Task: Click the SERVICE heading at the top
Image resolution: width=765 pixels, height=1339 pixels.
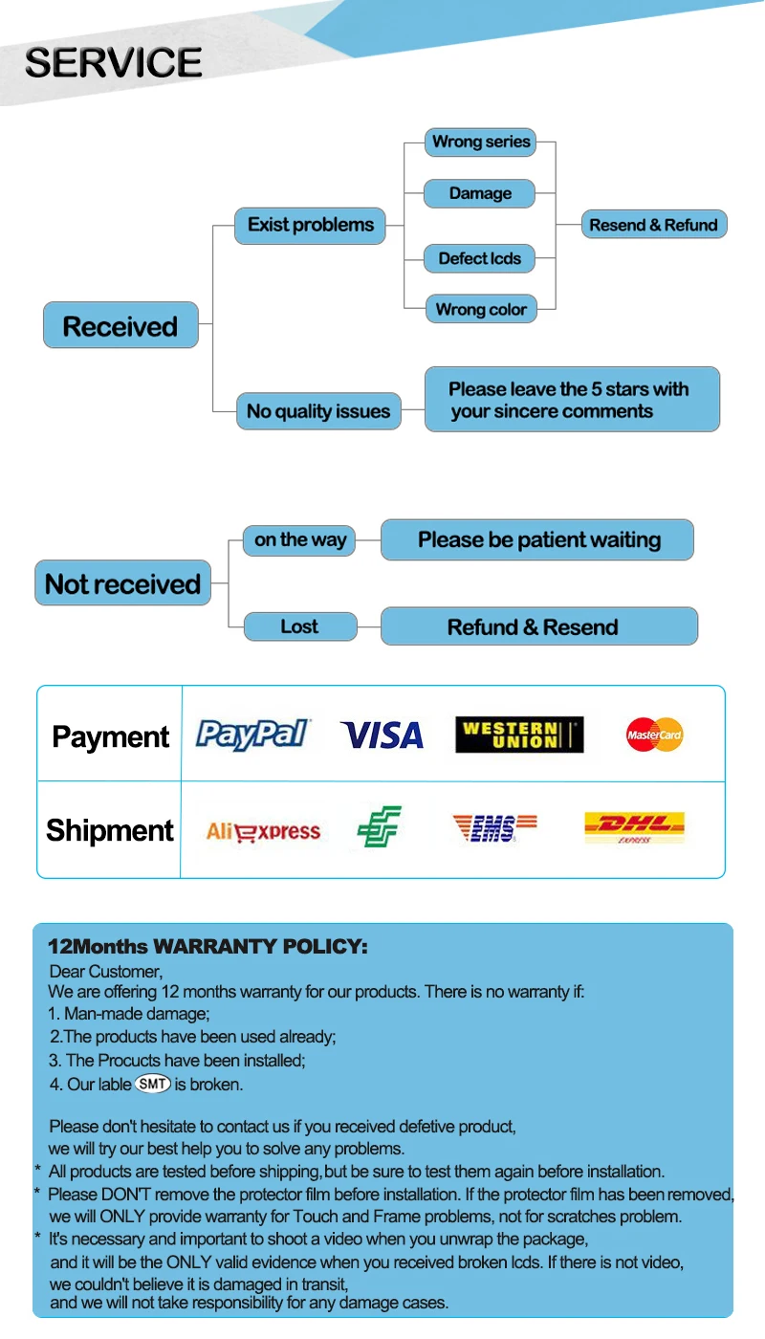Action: tap(114, 62)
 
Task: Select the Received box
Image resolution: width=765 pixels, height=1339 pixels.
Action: tap(120, 325)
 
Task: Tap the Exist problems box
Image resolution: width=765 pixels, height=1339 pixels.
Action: tap(310, 226)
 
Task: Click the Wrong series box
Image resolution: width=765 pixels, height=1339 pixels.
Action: tap(480, 143)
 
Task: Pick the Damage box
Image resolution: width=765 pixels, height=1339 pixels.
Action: tap(479, 193)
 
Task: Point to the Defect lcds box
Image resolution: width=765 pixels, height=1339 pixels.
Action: tap(479, 258)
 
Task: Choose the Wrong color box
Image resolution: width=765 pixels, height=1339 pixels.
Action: tap(481, 309)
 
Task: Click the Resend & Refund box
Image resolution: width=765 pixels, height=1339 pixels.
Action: tap(654, 225)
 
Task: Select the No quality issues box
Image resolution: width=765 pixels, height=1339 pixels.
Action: tap(318, 411)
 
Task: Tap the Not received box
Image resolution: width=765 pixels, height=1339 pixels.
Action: tap(123, 582)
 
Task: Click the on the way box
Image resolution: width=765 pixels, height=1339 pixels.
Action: tap(299, 540)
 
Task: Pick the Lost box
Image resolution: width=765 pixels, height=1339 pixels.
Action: tap(300, 626)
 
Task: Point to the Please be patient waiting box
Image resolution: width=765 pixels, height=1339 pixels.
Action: tap(537, 539)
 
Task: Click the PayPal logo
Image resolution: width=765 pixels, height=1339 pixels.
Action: tap(252, 735)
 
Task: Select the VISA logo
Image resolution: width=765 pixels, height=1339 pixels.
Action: tap(382, 735)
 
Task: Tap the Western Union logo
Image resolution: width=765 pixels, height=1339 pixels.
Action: tap(519, 735)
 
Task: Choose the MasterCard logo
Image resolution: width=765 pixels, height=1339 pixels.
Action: tap(654, 735)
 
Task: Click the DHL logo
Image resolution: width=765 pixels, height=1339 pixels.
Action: tap(635, 828)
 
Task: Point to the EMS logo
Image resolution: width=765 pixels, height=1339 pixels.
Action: tap(495, 828)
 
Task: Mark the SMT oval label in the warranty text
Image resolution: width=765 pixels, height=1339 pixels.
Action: tap(153, 1084)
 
